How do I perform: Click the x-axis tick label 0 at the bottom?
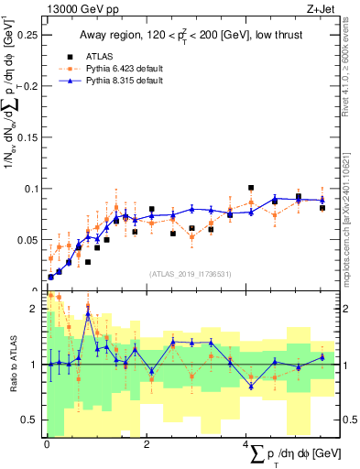[46, 442]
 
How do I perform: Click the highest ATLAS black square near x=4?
[251, 188]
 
